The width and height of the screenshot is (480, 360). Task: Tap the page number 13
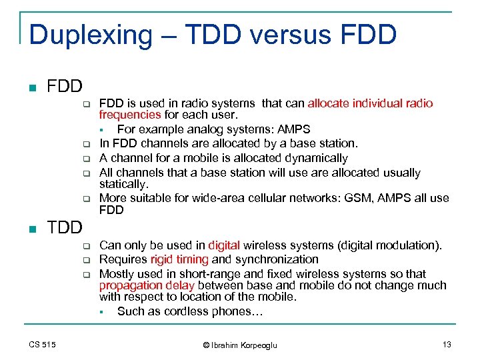(x=446, y=344)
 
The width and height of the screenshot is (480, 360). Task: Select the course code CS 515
(x=43, y=344)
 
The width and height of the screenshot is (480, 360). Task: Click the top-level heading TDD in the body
(x=65, y=227)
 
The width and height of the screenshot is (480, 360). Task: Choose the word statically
(x=123, y=183)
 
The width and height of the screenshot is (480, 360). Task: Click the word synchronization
(x=276, y=259)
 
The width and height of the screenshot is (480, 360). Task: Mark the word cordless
(x=175, y=311)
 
